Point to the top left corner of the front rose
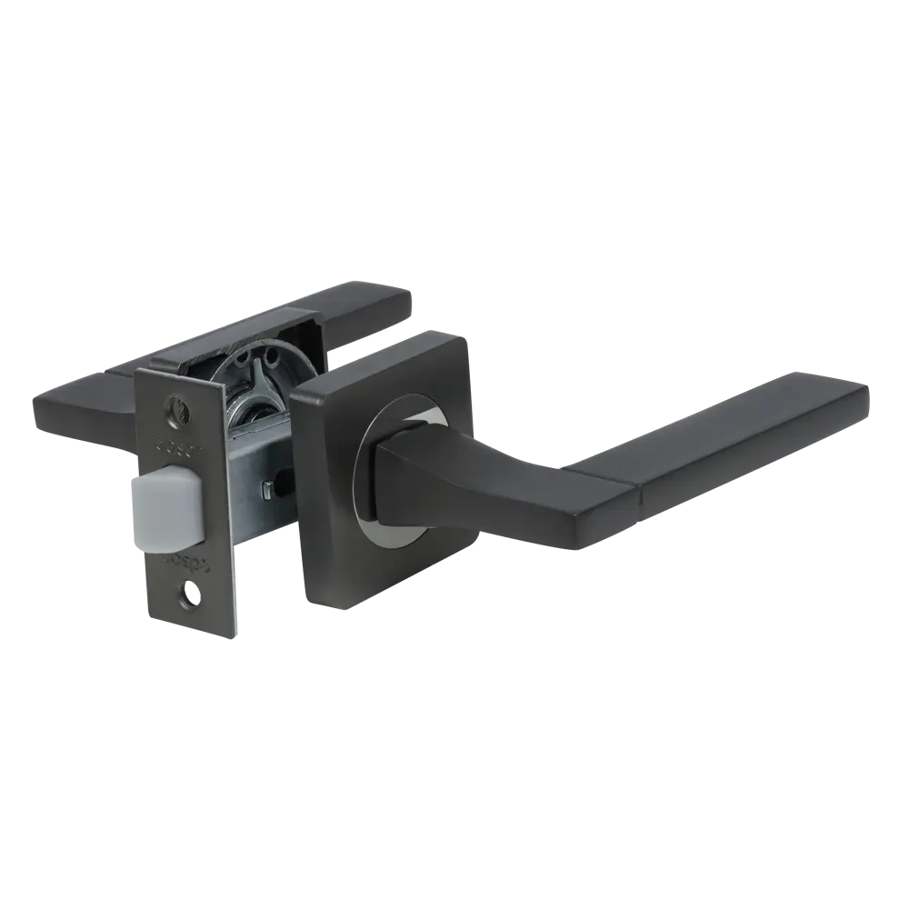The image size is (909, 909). coord(300,389)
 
